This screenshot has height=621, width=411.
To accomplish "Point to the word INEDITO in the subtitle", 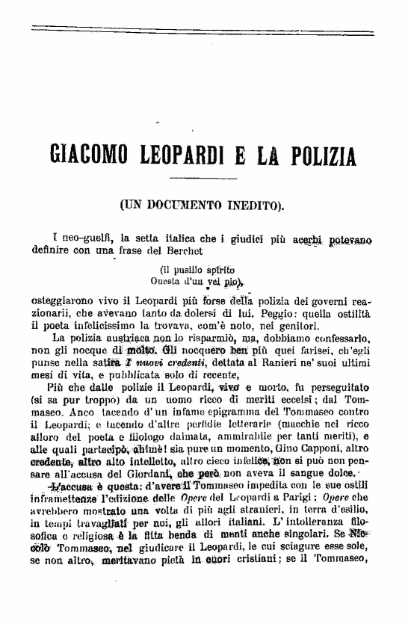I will click(x=255, y=203).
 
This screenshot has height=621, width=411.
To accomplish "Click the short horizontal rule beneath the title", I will click(x=200, y=177).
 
